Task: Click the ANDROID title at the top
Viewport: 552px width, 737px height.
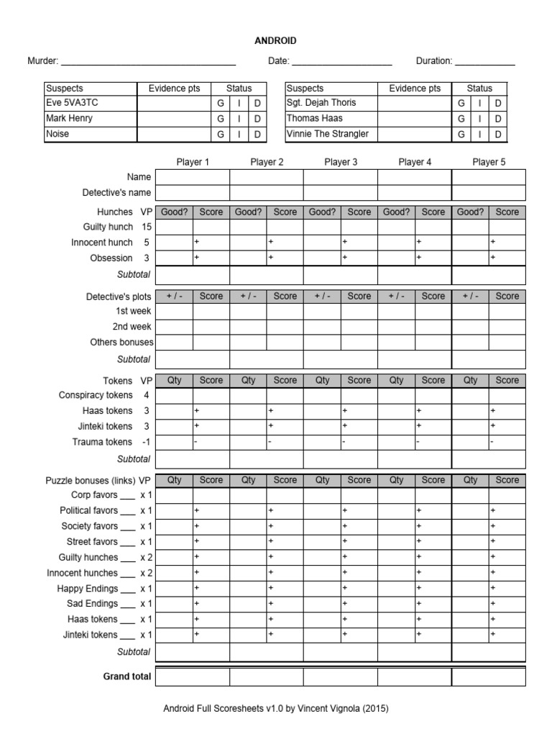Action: point(275,41)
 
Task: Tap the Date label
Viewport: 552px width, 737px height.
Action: point(278,61)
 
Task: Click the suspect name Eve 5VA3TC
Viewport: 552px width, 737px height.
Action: point(71,103)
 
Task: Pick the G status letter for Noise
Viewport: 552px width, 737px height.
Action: point(221,135)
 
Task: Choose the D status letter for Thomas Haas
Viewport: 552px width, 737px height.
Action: point(498,119)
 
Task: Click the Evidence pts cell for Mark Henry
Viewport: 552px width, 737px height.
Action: point(174,119)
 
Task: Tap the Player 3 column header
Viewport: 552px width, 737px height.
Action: point(341,162)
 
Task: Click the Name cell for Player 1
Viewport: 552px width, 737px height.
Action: point(193,177)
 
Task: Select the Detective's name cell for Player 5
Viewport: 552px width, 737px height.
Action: point(489,193)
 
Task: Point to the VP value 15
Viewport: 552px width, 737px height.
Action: point(147,227)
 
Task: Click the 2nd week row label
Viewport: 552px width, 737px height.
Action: point(132,327)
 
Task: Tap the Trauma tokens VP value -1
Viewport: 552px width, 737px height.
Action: point(145,442)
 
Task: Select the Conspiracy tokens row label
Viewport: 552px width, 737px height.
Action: point(96,395)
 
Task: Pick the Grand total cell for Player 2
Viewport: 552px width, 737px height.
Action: point(267,677)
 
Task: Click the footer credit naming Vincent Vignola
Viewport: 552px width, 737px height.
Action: point(276,709)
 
